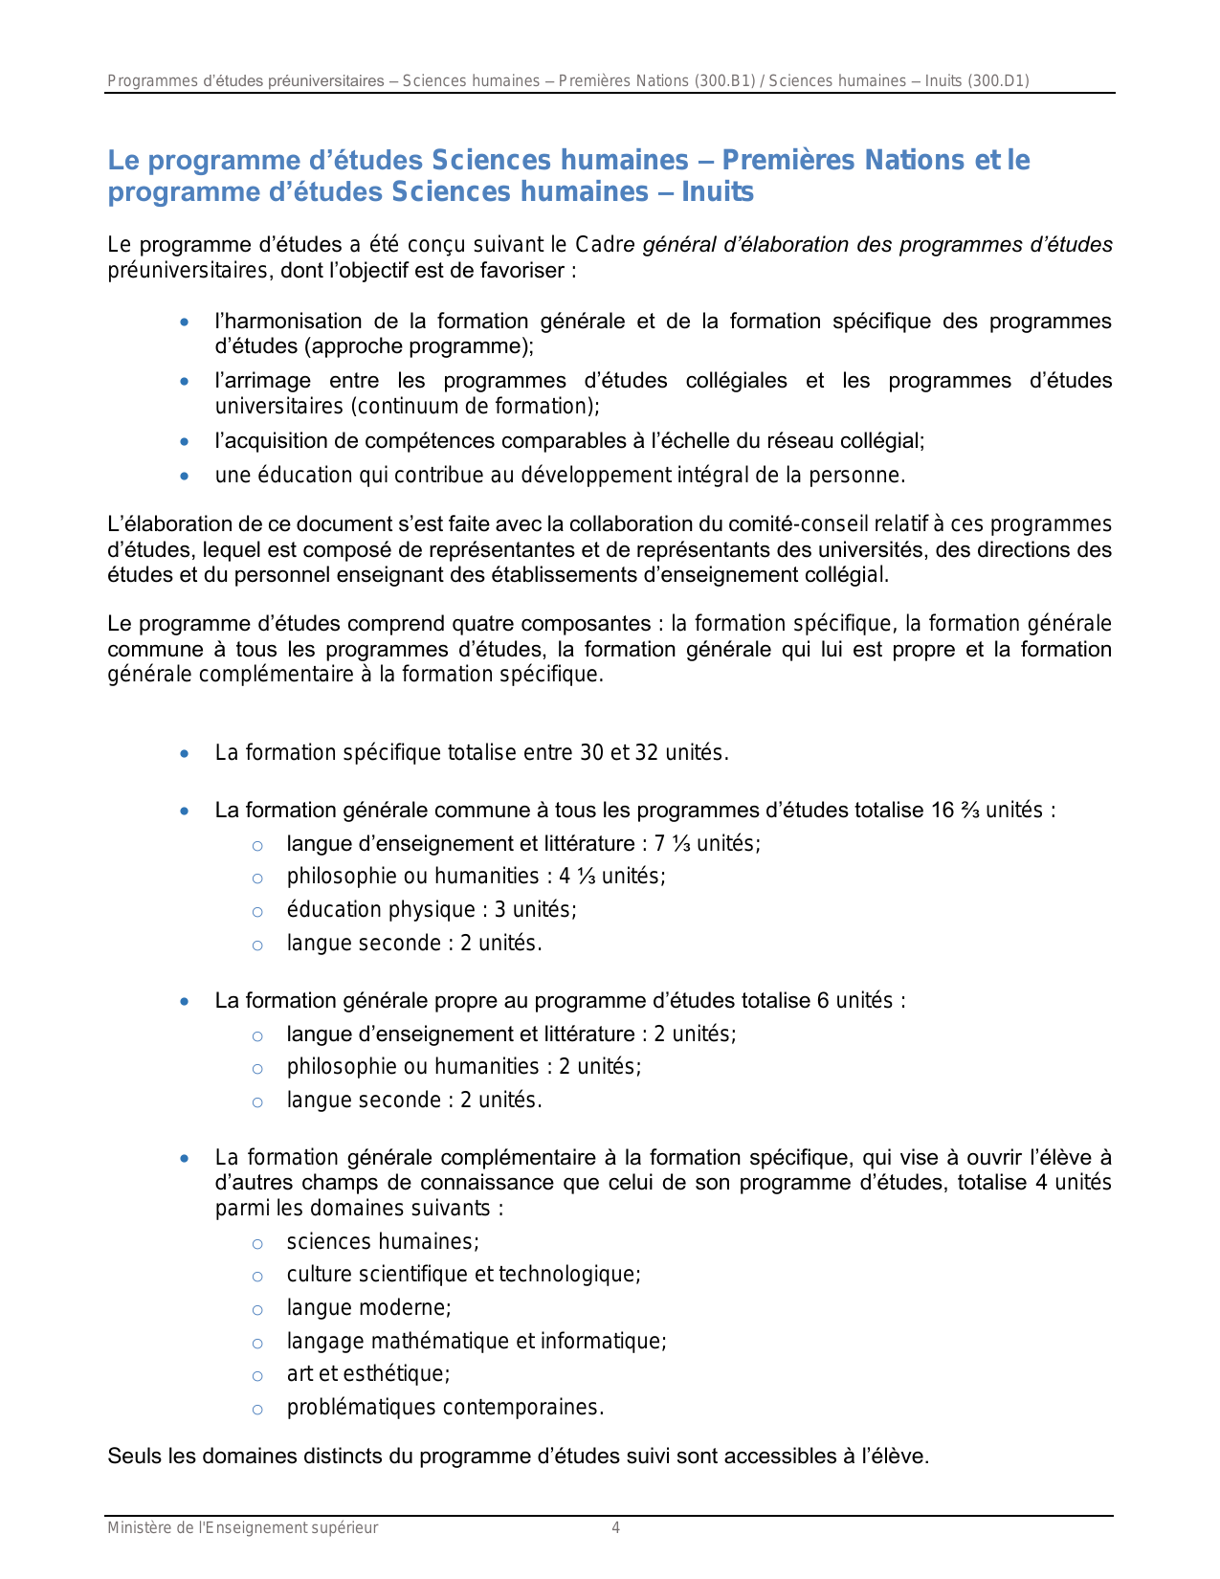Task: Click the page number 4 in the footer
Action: coord(615,1528)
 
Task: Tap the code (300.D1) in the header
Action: coord(998,81)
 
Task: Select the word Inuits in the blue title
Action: coord(718,192)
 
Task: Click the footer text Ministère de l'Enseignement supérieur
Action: coord(242,1528)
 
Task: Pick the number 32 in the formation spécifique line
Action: coord(647,753)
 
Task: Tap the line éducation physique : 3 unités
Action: coord(432,910)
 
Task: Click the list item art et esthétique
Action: coord(368,1374)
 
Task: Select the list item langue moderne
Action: coord(368,1308)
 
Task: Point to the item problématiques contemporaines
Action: coord(445,1408)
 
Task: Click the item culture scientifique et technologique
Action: coord(463,1275)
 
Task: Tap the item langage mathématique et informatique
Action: coord(477,1342)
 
